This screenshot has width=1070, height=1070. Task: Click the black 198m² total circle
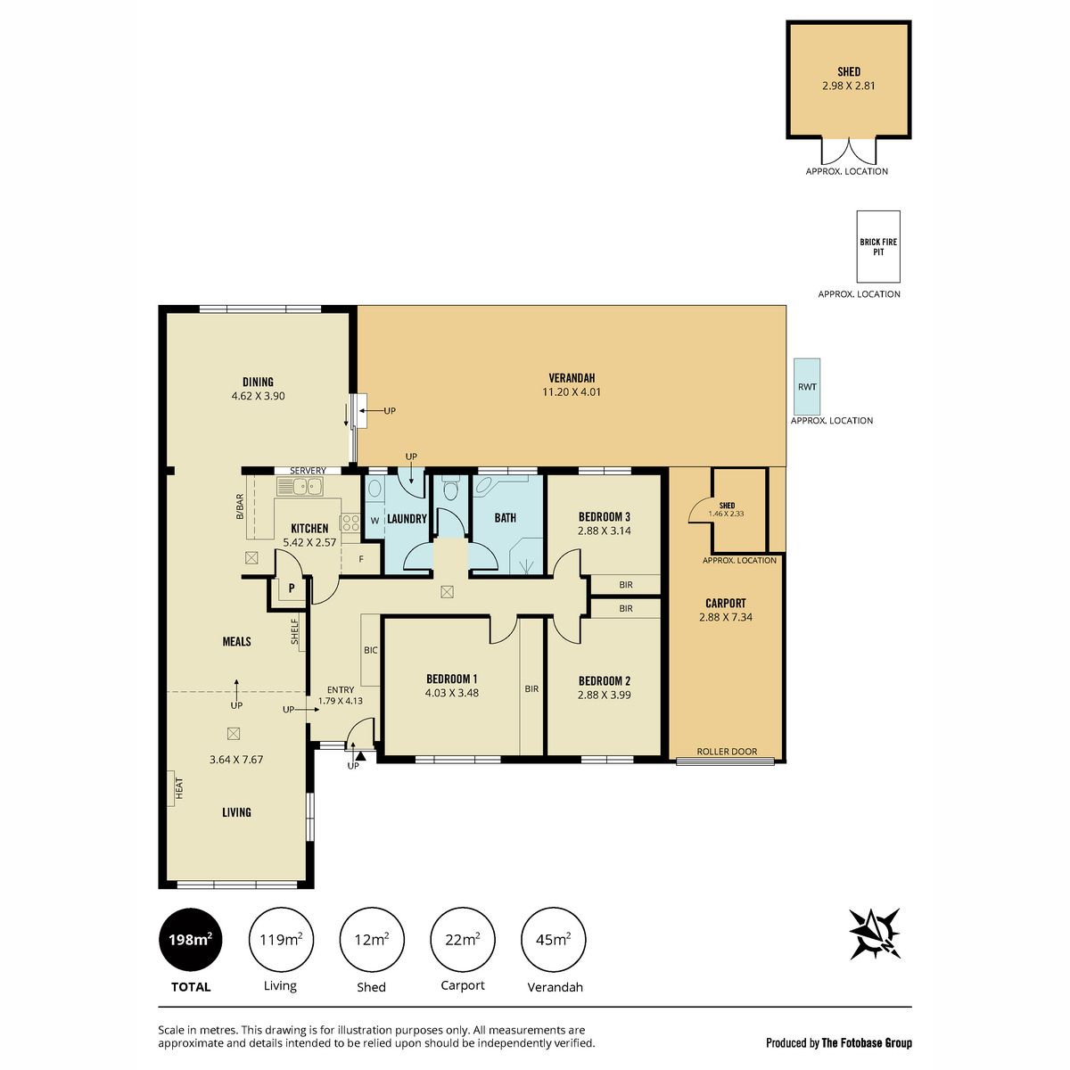point(191,940)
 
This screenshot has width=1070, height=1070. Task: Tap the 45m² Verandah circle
point(553,940)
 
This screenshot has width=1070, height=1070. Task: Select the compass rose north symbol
point(875,934)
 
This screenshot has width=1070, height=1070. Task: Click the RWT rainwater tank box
point(807,386)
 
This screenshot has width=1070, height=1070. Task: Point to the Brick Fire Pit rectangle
point(878,246)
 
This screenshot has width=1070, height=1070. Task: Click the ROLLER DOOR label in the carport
point(727,752)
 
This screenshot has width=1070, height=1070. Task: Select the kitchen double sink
point(300,487)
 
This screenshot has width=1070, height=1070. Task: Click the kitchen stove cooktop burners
point(351,523)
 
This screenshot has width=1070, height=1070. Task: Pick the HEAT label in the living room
point(179,788)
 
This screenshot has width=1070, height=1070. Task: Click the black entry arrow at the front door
point(361,756)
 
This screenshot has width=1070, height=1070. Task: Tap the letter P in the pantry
point(292,588)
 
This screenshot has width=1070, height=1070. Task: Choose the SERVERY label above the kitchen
point(308,470)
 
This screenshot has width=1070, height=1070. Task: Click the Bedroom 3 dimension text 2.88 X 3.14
point(605,531)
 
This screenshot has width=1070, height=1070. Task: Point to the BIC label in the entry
point(370,650)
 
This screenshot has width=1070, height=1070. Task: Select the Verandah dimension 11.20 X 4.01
point(572,391)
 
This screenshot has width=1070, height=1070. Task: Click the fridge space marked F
point(361,559)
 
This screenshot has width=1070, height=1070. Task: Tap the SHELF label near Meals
point(295,632)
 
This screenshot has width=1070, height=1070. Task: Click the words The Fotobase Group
point(867,1042)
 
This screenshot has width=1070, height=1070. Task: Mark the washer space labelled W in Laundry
point(374,520)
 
